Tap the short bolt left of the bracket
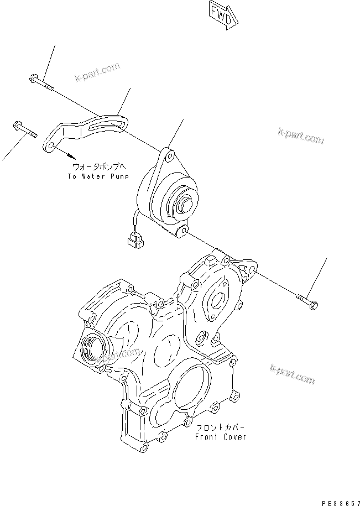point(22,131)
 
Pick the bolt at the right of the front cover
point(307,301)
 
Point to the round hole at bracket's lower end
point(50,145)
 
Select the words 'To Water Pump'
point(98,176)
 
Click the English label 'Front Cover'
point(221,437)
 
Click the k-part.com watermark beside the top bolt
point(98,72)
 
